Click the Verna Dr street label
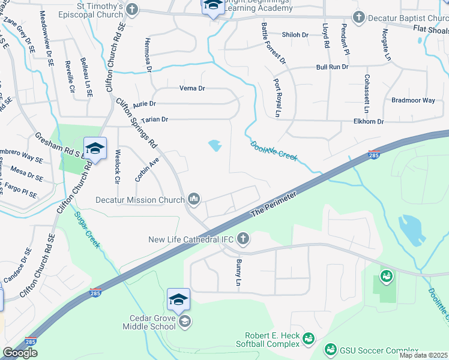(x=192, y=89)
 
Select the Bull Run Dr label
(x=332, y=67)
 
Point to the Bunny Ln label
(x=238, y=273)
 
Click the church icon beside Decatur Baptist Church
(x=358, y=17)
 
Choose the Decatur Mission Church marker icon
(x=194, y=199)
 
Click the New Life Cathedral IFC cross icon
(x=243, y=239)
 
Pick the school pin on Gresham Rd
(x=95, y=148)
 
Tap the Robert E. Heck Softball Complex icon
(x=309, y=340)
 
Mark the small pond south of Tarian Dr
(x=214, y=145)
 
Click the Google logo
(x=20, y=353)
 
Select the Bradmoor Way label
(x=412, y=100)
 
